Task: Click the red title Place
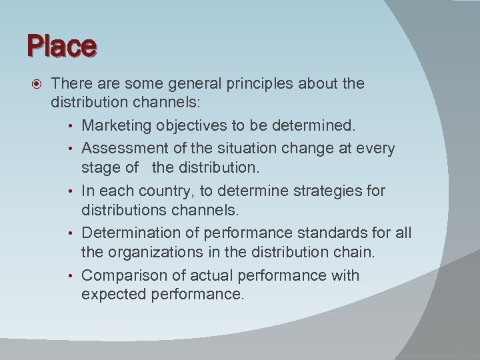tap(62, 47)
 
